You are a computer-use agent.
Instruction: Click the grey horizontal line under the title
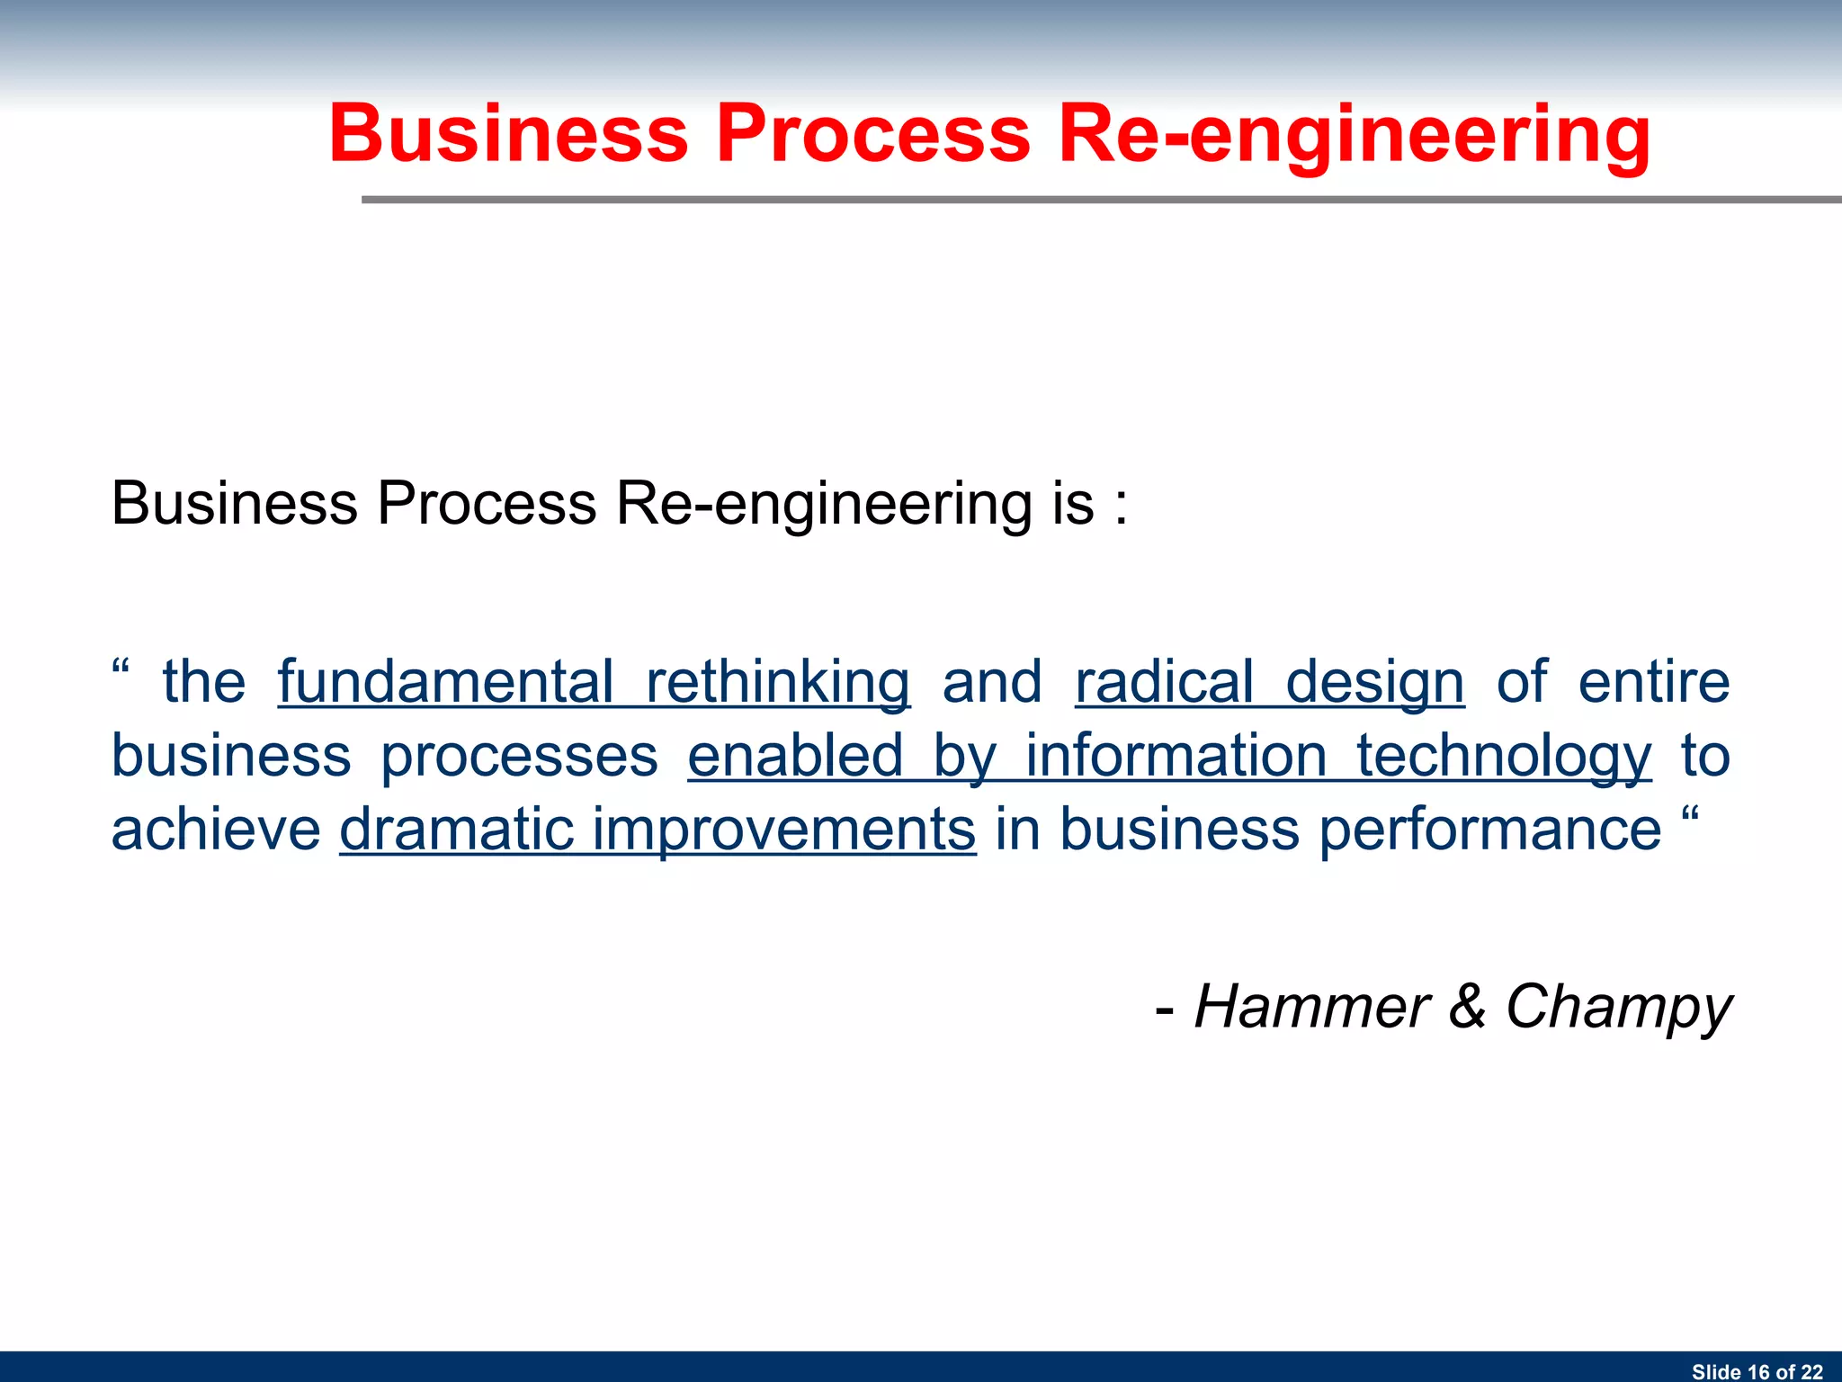tap(1101, 200)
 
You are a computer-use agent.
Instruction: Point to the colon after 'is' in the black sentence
tap(1120, 506)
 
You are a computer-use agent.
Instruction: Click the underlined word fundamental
tap(445, 681)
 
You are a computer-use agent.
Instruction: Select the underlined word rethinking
tap(778, 681)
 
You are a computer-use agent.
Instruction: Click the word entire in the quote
tap(1654, 681)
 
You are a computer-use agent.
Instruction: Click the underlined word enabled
tap(795, 755)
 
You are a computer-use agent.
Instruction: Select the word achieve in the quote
tap(216, 829)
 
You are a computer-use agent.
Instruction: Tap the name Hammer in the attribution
tap(1311, 1006)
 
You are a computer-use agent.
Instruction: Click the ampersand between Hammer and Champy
tap(1467, 1006)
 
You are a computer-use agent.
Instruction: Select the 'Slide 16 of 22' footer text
tap(1757, 1371)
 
